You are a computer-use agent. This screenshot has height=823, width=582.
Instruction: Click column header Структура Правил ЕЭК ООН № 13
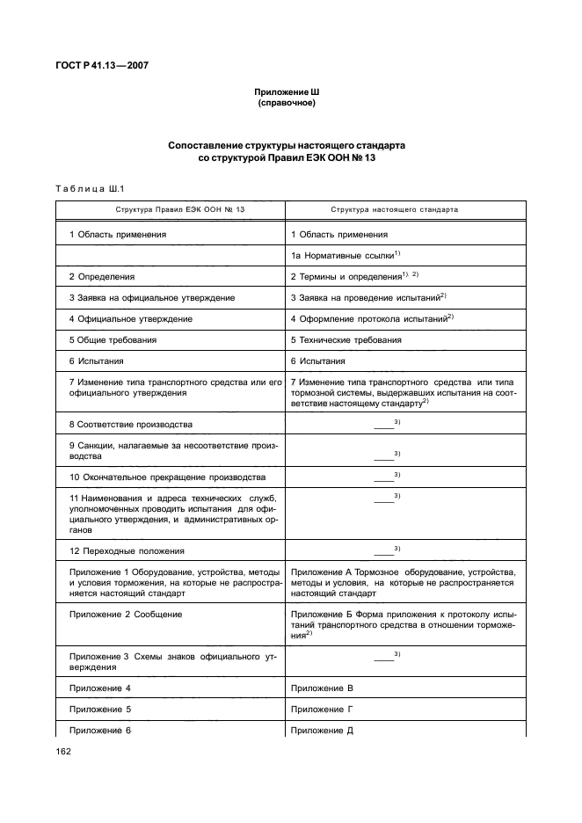coord(169,211)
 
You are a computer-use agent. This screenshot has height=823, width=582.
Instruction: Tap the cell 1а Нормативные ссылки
coord(345,255)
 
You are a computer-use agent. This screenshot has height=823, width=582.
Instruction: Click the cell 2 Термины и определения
coord(354,276)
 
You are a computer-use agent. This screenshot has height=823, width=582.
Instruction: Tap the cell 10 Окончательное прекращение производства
coord(166,477)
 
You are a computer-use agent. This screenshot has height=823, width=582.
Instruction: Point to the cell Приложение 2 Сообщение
coord(125,614)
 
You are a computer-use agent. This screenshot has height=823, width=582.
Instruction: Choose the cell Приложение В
coord(321,688)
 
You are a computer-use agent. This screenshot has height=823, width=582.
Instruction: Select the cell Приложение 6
coord(99,730)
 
